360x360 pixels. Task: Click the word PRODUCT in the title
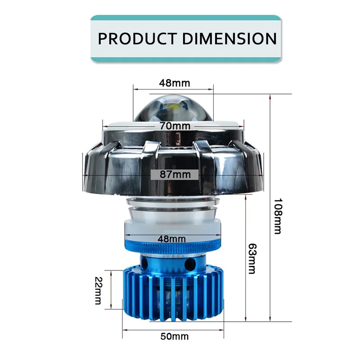[x=137, y=39]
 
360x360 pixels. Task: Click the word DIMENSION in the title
[x=229, y=39]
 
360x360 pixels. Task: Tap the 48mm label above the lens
[x=175, y=83]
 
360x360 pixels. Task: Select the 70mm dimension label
[x=175, y=126]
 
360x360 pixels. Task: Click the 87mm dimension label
[x=175, y=175]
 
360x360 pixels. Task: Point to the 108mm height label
[x=278, y=216]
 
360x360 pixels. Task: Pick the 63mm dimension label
[x=252, y=258]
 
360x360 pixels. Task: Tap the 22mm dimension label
[x=98, y=290]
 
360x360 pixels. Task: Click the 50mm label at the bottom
[x=175, y=336]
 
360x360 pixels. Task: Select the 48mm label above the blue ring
[x=172, y=239]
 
